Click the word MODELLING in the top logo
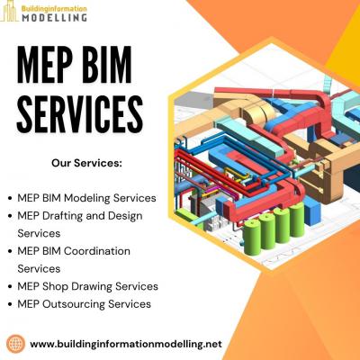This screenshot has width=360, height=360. pyautogui.click(x=54, y=17)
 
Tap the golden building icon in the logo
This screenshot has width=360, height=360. pyautogui.click(x=9, y=12)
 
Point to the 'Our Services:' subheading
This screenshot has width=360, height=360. pyautogui.click(x=87, y=163)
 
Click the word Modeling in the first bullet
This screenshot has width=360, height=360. pyautogui.click(x=87, y=199)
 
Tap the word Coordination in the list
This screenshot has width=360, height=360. pyautogui.click(x=97, y=251)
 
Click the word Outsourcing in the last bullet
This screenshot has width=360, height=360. pyautogui.click(x=74, y=304)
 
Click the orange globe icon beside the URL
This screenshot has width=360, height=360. pyautogui.click(x=16, y=344)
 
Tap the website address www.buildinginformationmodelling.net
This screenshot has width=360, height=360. pyautogui.click(x=126, y=344)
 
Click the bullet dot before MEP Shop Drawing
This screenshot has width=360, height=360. pyautogui.click(x=11, y=287)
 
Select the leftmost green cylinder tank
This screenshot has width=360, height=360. pyautogui.click(x=251, y=237)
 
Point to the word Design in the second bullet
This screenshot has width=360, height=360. pyautogui.click(x=125, y=216)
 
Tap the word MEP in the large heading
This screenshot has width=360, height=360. pyautogui.click(x=46, y=65)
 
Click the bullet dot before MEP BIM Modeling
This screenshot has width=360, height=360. pyautogui.click(x=11, y=199)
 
